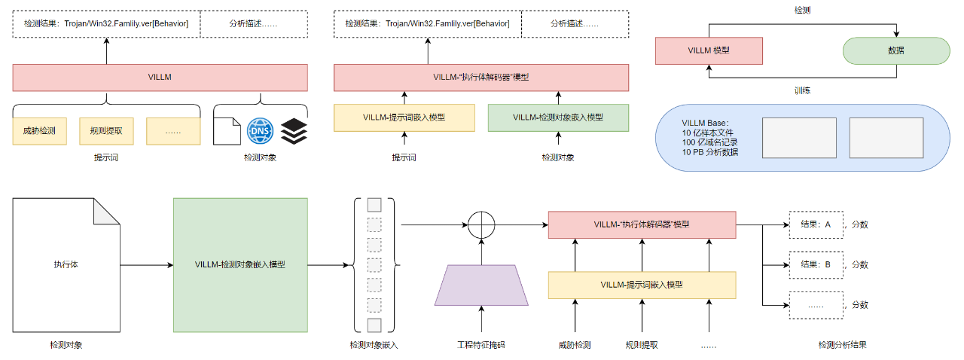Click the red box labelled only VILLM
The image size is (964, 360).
pos(160,78)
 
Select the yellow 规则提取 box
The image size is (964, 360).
pos(106,131)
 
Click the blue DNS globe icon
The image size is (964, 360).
pos(258,131)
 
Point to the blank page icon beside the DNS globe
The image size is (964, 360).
pos(225,131)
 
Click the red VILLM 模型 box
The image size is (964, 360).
pos(709,50)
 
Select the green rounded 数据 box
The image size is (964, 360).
pos(895,50)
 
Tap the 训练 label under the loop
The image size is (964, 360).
pos(802,90)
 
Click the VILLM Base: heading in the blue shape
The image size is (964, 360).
pos(706,123)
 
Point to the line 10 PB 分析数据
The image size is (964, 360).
pos(709,152)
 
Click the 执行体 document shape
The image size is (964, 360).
pos(66,264)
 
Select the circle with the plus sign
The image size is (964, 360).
pos(481,224)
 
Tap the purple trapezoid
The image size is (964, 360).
pos(480,285)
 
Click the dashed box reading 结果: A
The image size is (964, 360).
pos(816,224)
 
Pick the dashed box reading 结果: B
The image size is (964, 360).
pos(816,264)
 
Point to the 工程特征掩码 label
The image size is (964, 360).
pos(480,345)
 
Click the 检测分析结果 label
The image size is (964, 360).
pos(841,345)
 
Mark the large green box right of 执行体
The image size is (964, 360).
pos(240,264)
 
